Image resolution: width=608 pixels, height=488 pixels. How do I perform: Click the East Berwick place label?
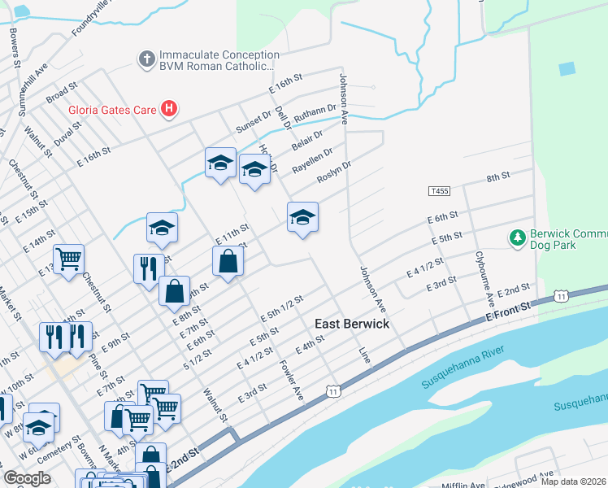pos(352,324)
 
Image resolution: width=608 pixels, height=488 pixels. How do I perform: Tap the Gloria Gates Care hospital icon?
pos(169,109)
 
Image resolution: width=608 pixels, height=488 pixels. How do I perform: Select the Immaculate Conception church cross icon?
pos(146,59)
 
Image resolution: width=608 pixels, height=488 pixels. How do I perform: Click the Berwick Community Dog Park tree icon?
pos(516,237)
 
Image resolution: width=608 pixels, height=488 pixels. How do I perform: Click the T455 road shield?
pos(439,191)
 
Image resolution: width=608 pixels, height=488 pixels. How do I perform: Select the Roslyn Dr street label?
pos(333,173)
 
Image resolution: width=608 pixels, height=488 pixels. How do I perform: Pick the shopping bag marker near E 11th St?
pos(228,262)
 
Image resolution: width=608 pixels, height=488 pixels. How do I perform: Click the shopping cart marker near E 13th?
pos(69,259)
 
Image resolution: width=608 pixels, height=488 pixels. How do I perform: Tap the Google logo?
pos(28,478)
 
